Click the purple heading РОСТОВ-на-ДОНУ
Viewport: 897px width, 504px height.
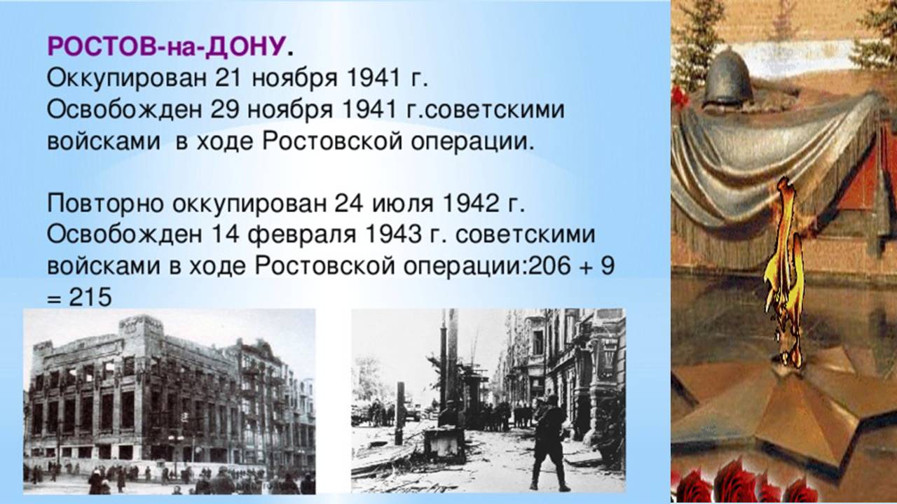pos(165,47)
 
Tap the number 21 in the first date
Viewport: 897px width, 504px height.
pos(228,78)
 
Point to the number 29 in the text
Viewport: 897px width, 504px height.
pos(224,110)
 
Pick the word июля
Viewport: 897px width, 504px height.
pos(402,204)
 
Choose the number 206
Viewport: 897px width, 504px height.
pos(549,266)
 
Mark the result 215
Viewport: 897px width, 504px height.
pos(90,297)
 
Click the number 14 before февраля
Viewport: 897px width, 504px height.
pos(225,234)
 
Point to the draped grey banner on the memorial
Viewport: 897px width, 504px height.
pos(773,168)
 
